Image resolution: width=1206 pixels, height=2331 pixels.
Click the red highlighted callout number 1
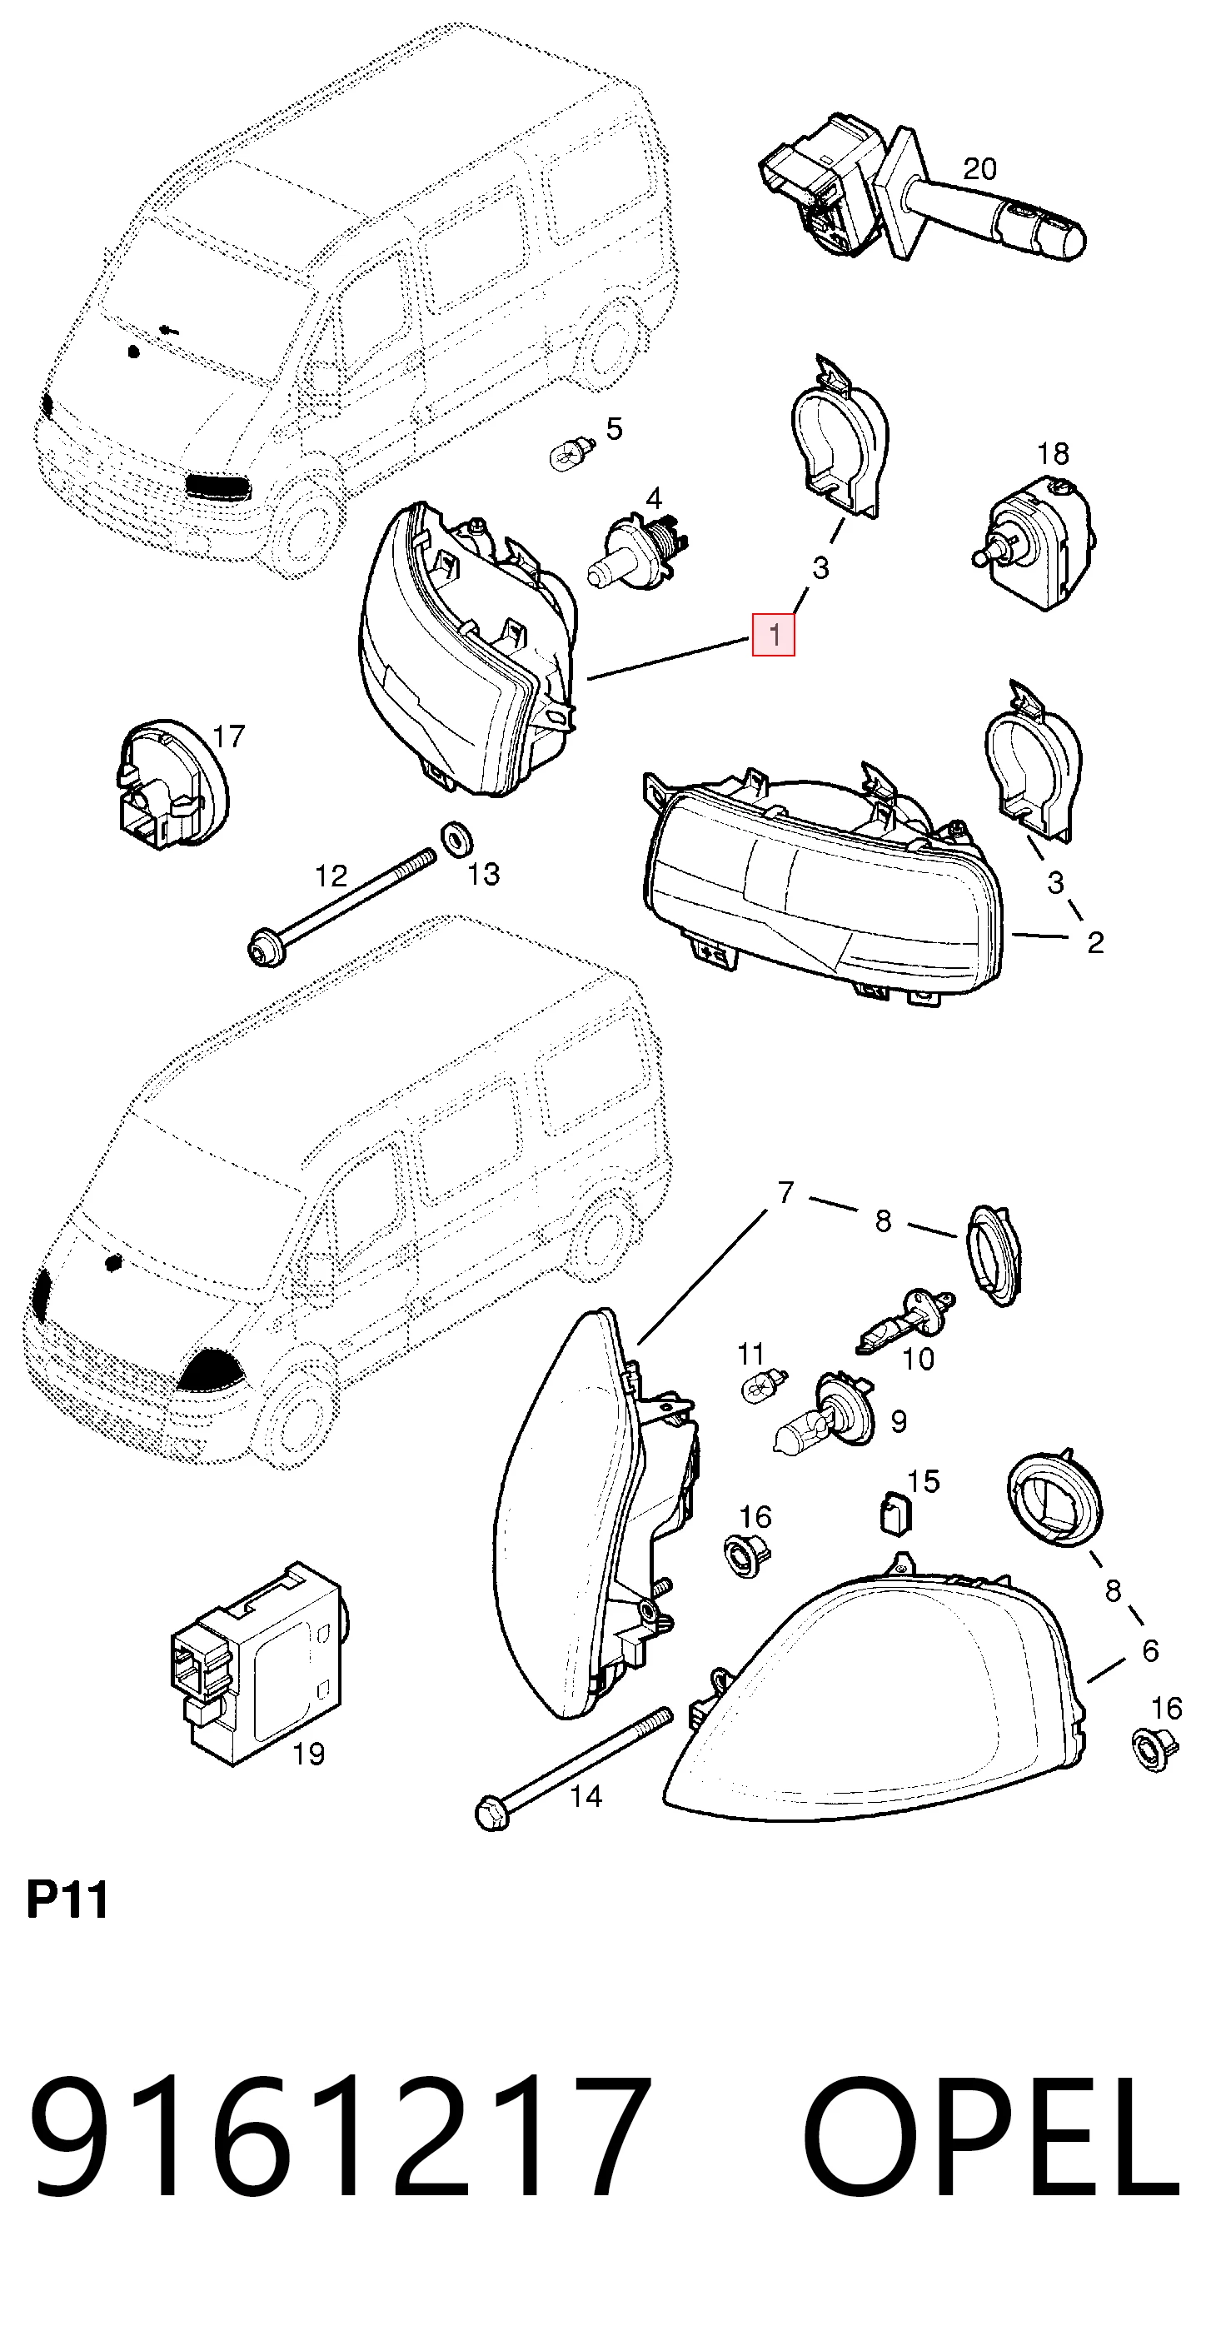coord(774,634)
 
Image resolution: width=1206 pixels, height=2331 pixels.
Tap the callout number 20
coord(979,168)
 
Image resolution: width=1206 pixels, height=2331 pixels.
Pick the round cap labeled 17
coord(171,785)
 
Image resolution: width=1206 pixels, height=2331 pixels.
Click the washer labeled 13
coord(457,839)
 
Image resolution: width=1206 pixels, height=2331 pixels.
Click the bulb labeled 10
coord(904,1321)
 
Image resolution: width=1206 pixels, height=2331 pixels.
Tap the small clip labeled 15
coord(895,1515)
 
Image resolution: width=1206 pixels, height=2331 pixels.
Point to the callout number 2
coord(1094,943)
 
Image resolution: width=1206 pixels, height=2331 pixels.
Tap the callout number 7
coord(785,1193)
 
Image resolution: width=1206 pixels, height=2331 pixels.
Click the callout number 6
coord(1150,1650)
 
